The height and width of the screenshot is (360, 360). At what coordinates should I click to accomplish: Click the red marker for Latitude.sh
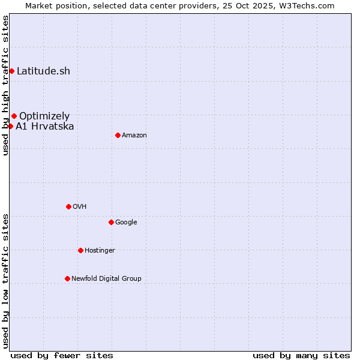pyautogui.click(x=11, y=71)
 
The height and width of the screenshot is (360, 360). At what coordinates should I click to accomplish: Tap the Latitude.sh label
pyautogui.click(x=43, y=71)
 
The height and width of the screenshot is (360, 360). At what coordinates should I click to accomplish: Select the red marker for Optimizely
pyautogui.click(x=14, y=116)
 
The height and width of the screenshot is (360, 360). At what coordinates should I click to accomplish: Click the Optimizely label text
pyautogui.click(x=44, y=116)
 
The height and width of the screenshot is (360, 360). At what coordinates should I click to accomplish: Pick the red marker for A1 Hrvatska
pyautogui.click(x=10, y=126)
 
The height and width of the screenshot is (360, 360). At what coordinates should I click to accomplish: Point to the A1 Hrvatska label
pyautogui.click(x=45, y=126)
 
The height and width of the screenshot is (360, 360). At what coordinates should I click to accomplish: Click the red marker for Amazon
pyautogui.click(x=118, y=135)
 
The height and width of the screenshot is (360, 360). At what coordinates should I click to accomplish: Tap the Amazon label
pyautogui.click(x=134, y=136)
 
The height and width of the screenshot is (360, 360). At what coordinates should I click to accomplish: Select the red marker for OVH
pyautogui.click(x=68, y=206)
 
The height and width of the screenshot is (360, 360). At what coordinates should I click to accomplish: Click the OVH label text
pyautogui.click(x=80, y=207)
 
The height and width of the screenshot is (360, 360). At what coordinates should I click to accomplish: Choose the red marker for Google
pyautogui.click(x=111, y=222)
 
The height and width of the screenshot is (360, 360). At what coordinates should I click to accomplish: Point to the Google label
pyautogui.click(x=126, y=223)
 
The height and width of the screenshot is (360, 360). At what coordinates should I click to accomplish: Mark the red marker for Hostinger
pyautogui.click(x=80, y=250)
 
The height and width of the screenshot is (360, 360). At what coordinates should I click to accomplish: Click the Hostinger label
pyautogui.click(x=100, y=251)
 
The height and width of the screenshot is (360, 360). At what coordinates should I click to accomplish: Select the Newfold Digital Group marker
pyautogui.click(x=67, y=278)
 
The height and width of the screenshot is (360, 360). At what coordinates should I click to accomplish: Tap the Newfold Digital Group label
pyautogui.click(x=106, y=279)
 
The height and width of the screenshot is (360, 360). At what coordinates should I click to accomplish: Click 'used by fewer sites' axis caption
pyautogui.click(x=62, y=355)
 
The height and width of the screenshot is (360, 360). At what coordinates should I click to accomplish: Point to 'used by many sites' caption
pyautogui.click(x=301, y=355)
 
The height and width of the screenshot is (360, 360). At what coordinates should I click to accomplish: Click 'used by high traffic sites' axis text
pyautogui.click(x=5, y=85)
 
